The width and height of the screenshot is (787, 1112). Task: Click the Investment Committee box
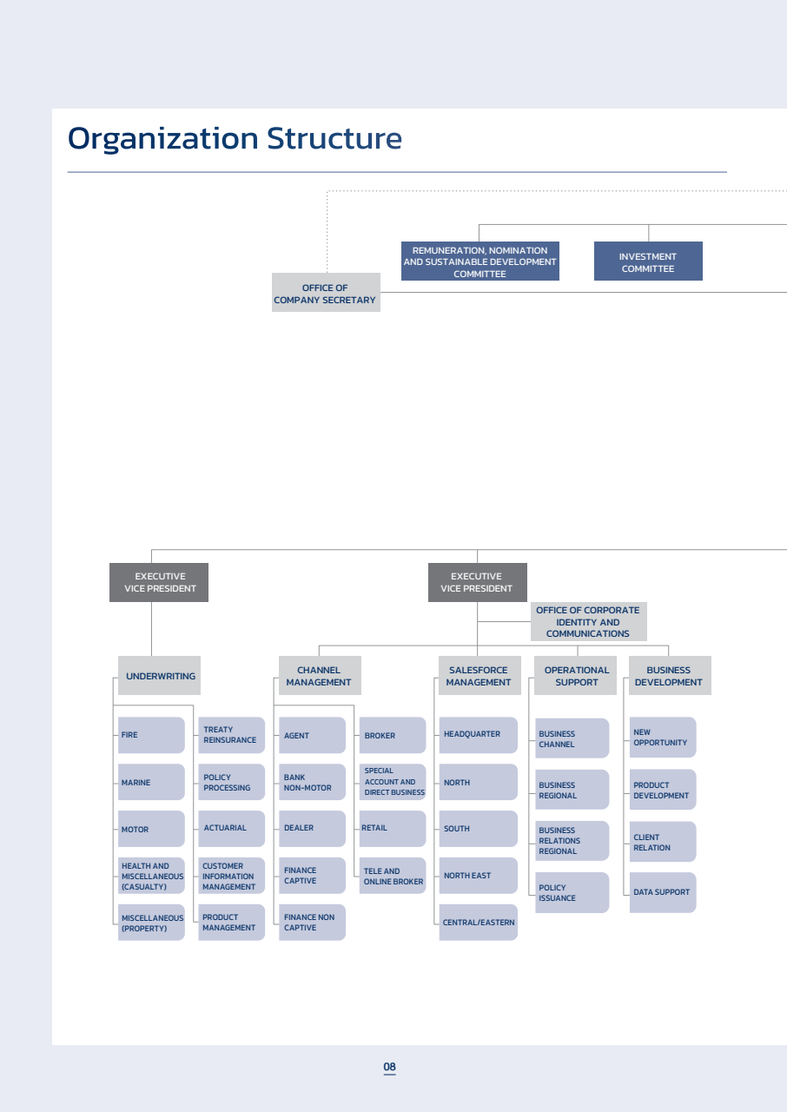click(648, 261)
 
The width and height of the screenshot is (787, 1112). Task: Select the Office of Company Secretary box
click(326, 293)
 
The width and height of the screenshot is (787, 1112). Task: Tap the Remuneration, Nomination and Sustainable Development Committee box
click(479, 261)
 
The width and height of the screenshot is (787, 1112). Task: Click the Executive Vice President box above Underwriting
click(159, 582)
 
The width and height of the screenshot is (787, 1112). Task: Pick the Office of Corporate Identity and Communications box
click(589, 621)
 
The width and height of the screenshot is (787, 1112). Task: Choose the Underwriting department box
click(159, 676)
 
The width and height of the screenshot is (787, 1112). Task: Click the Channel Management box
click(320, 676)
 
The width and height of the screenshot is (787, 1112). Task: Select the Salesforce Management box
click(479, 676)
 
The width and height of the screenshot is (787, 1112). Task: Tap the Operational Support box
click(575, 676)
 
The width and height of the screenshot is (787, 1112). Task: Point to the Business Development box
click(670, 676)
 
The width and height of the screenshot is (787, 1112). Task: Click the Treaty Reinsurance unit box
click(231, 735)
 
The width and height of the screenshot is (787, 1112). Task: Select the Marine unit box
click(151, 782)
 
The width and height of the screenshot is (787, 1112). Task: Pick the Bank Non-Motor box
click(312, 782)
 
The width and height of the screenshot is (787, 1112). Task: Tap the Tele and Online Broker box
click(393, 876)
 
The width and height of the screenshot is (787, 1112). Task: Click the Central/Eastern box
click(479, 923)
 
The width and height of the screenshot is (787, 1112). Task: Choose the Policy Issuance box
click(572, 892)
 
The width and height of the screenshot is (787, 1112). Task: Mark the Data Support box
click(663, 892)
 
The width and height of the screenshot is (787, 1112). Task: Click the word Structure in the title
click(334, 138)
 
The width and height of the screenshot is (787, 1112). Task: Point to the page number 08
click(389, 1066)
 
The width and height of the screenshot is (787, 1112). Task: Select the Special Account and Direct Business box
click(393, 782)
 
